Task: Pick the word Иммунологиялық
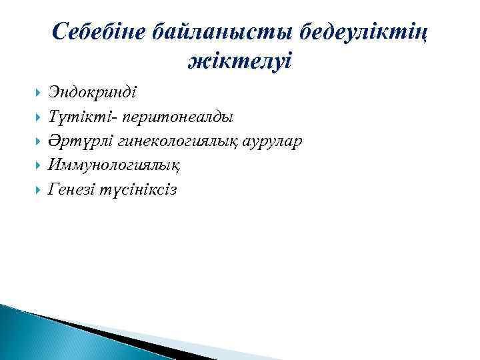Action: pyautogui.click(x=113, y=165)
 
